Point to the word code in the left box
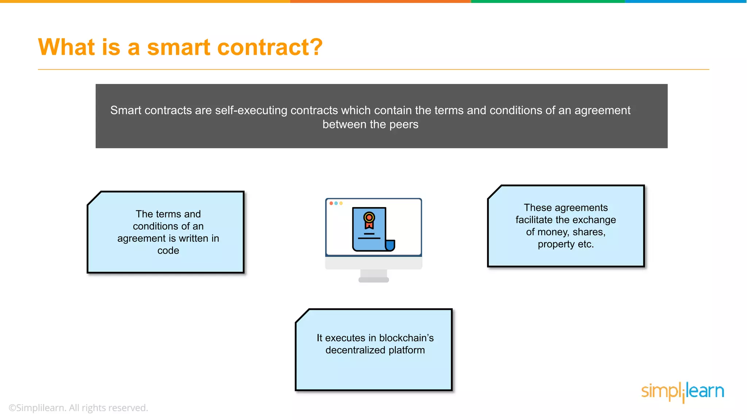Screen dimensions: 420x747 [168, 251]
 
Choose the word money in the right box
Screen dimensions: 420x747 [553, 232]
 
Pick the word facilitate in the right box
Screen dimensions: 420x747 [534, 220]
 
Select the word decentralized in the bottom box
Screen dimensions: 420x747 [355, 350]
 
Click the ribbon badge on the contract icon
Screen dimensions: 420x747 [369, 219]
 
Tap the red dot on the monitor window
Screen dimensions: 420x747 [331, 203]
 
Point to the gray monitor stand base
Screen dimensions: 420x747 [373, 280]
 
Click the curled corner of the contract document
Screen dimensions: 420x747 [390, 245]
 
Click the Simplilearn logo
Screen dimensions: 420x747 [682, 392]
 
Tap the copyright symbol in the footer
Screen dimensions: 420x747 [12, 408]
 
